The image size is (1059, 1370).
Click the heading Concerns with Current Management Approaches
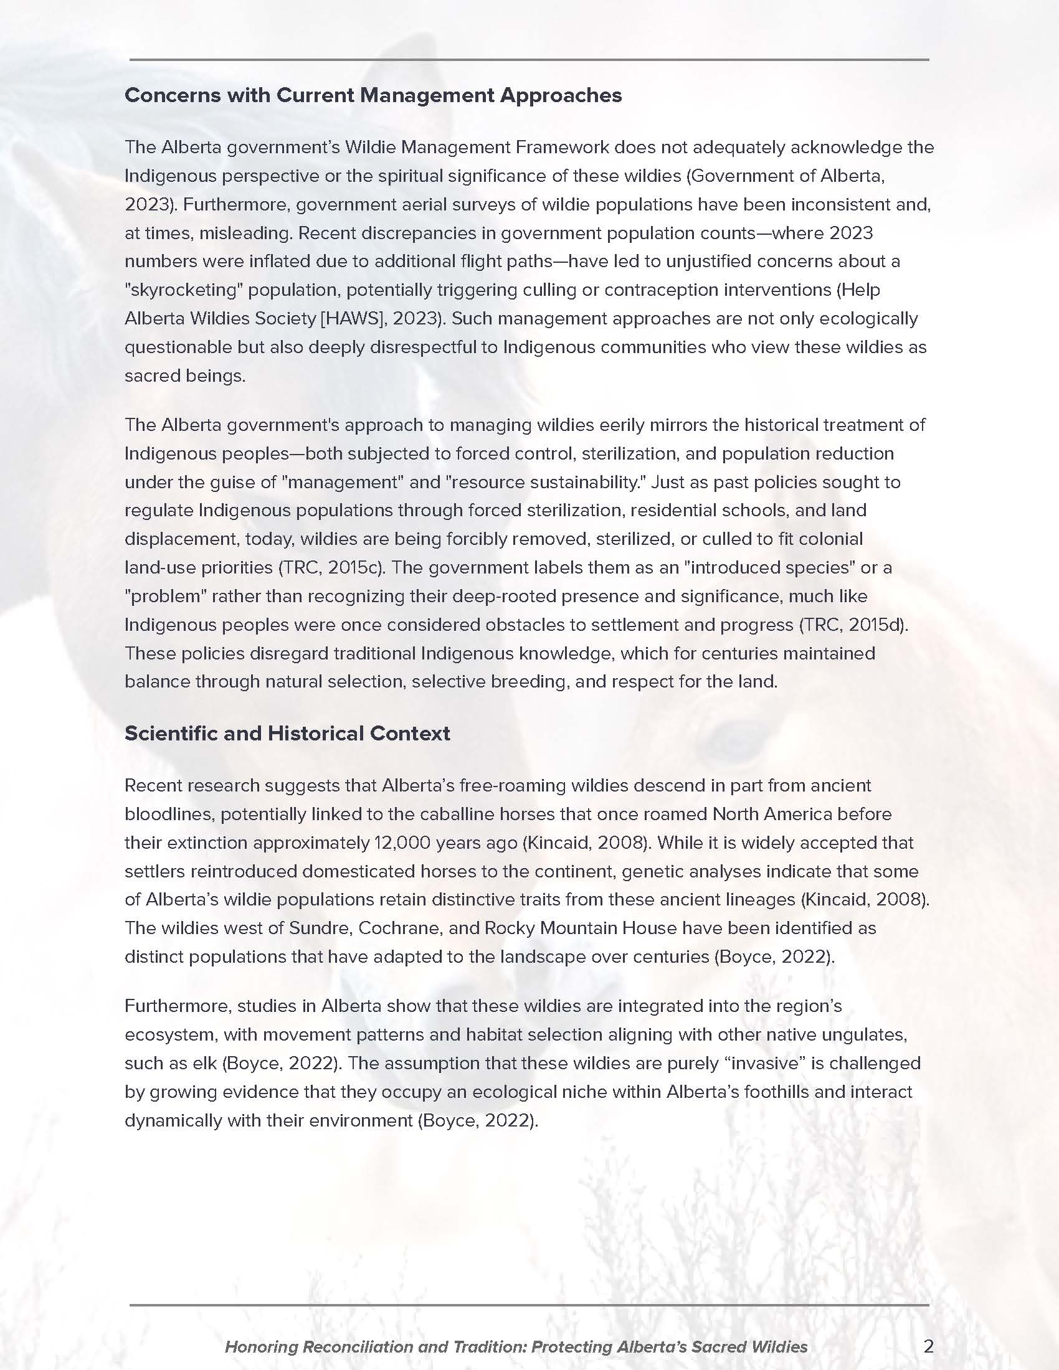tap(373, 95)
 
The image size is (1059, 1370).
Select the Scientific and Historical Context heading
tap(287, 734)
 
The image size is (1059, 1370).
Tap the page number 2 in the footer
tap(929, 1346)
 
